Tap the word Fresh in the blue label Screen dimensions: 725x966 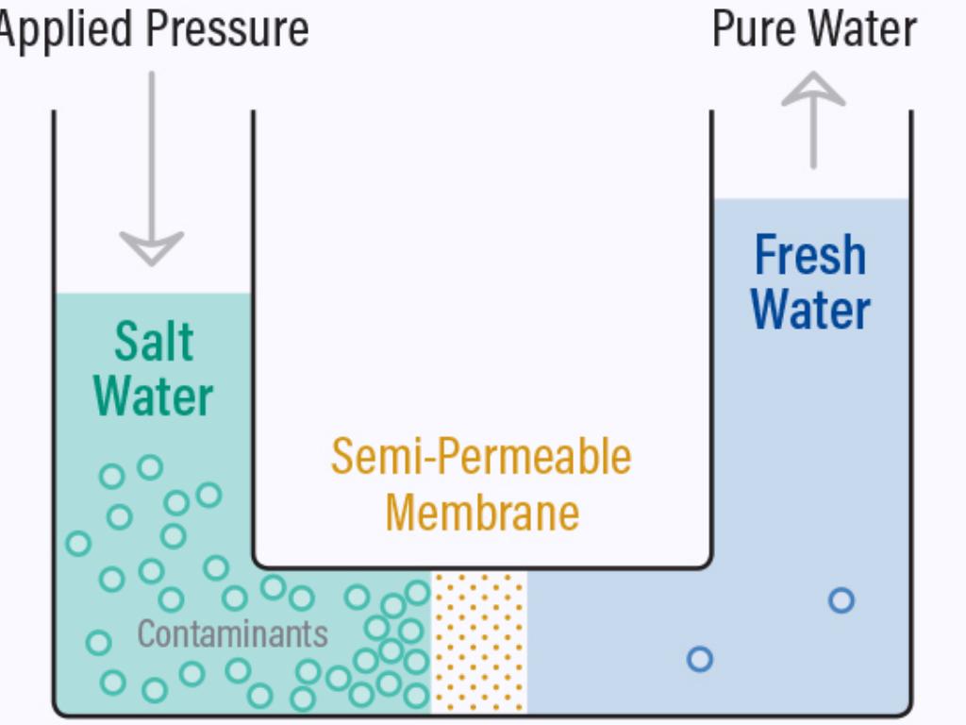tap(810, 256)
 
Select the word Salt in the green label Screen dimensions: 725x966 tap(154, 342)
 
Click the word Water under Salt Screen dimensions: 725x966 tap(154, 396)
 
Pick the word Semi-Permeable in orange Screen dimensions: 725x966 tap(481, 458)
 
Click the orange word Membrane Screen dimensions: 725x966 tap(481, 513)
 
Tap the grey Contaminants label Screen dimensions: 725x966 tap(232, 633)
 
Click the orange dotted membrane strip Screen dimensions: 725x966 tap(479, 642)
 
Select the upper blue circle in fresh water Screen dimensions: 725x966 tap(841, 600)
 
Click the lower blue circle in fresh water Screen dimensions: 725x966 tap(699, 659)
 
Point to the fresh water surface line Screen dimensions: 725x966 tap(811, 199)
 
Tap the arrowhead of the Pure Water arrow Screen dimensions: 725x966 tap(813, 91)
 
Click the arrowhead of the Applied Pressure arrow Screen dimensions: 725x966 tap(151, 248)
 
